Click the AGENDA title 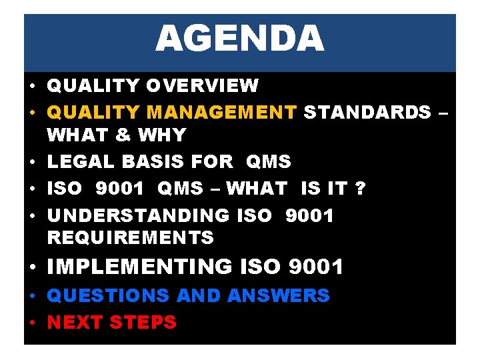click(239, 39)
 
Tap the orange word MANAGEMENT click(222, 112)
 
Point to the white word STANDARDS click(367, 112)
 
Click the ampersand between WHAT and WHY click(123, 135)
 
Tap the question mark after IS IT click(361, 189)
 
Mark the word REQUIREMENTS click(130, 237)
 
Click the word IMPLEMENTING click(139, 267)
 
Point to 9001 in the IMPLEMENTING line click(316, 267)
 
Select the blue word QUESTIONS click(109, 295)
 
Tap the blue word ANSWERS click(278, 295)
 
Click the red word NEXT click(75, 323)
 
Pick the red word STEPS click(143, 323)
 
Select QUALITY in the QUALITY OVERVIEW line click(93, 86)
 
